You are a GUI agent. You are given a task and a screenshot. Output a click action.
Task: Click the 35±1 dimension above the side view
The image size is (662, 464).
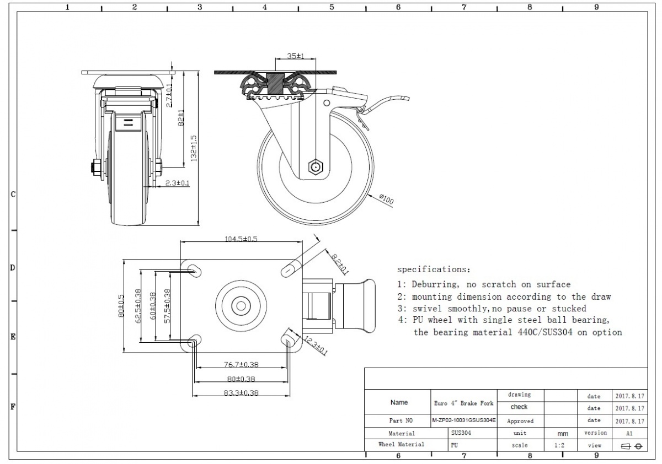click(296, 56)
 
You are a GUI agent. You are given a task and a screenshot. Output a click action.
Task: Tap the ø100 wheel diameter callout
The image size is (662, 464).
click(386, 199)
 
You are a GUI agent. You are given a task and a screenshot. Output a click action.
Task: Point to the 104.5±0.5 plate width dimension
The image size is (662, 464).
click(241, 239)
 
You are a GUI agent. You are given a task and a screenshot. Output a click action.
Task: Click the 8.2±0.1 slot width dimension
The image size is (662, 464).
click(340, 263)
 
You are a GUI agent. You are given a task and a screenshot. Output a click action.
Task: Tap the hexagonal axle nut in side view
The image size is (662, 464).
click(315, 165)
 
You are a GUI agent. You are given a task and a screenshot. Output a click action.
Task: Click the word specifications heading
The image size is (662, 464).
click(434, 269)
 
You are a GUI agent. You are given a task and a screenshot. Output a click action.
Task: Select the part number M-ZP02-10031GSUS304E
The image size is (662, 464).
click(464, 420)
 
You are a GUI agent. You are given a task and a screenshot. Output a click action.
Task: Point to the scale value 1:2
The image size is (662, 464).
click(559, 445)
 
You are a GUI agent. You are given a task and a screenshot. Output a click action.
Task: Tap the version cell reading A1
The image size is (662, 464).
click(630, 433)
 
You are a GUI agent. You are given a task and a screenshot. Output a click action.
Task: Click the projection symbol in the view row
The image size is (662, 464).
click(631, 446)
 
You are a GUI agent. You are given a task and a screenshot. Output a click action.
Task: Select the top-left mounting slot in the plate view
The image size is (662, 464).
click(194, 269)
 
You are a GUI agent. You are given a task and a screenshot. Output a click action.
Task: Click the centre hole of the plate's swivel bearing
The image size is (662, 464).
click(241, 304)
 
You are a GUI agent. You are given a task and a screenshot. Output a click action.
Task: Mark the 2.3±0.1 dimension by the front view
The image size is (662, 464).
click(178, 183)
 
